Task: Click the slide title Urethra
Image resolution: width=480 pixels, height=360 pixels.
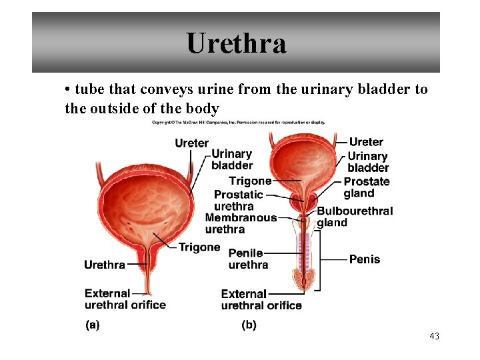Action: coord(237,44)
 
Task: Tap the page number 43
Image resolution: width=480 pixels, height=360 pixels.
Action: coord(434,336)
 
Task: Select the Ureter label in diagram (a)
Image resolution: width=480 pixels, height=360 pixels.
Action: coord(191,143)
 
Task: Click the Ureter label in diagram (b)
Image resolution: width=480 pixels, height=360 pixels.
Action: coord(366,142)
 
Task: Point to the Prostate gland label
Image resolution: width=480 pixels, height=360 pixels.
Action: coord(366,187)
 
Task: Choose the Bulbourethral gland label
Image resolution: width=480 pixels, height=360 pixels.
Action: coord(354,217)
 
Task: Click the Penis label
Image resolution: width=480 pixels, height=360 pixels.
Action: coord(364,259)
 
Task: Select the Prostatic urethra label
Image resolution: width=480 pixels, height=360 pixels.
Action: coord(238,200)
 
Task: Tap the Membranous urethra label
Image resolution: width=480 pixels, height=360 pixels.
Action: coord(240,223)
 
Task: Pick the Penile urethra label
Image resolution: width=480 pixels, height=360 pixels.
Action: coord(247,259)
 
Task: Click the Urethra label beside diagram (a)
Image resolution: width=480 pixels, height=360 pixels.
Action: coord(104,265)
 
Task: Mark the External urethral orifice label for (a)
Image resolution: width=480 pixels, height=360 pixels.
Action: coord(125,299)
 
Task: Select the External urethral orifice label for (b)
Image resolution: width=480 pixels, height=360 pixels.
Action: coord(261,300)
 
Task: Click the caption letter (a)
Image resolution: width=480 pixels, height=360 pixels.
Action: coord(93,325)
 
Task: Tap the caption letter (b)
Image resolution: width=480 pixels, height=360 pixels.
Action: coord(249,325)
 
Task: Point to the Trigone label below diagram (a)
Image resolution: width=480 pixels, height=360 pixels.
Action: coord(199,247)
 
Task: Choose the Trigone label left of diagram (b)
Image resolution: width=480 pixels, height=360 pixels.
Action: coord(250,181)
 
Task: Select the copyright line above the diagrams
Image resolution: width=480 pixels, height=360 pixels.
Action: coord(238,123)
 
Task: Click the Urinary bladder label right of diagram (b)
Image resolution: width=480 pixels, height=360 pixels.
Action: coord(367,162)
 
